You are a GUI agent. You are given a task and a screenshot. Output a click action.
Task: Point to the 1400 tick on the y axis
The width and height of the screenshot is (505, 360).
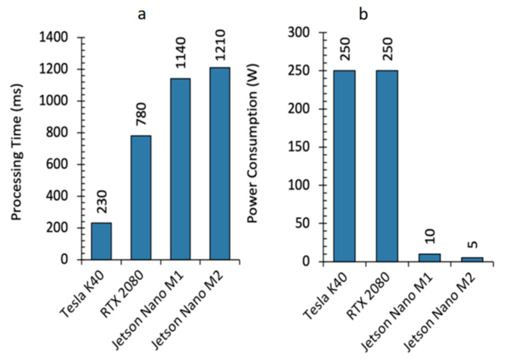[56, 38]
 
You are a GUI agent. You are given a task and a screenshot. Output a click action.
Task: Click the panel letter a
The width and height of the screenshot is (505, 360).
[142, 12]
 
